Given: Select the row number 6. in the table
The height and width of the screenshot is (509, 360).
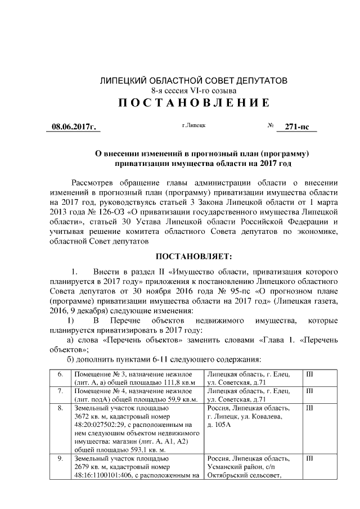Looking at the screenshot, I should [x=60, y=375].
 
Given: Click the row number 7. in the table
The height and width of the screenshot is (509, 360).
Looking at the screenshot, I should [x=60, y=391].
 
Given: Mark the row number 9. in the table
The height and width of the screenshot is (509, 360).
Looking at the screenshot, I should [x=60, y=460].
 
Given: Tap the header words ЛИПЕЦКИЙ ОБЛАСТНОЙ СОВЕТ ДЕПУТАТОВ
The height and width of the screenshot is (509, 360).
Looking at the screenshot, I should [x=193, y=80].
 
